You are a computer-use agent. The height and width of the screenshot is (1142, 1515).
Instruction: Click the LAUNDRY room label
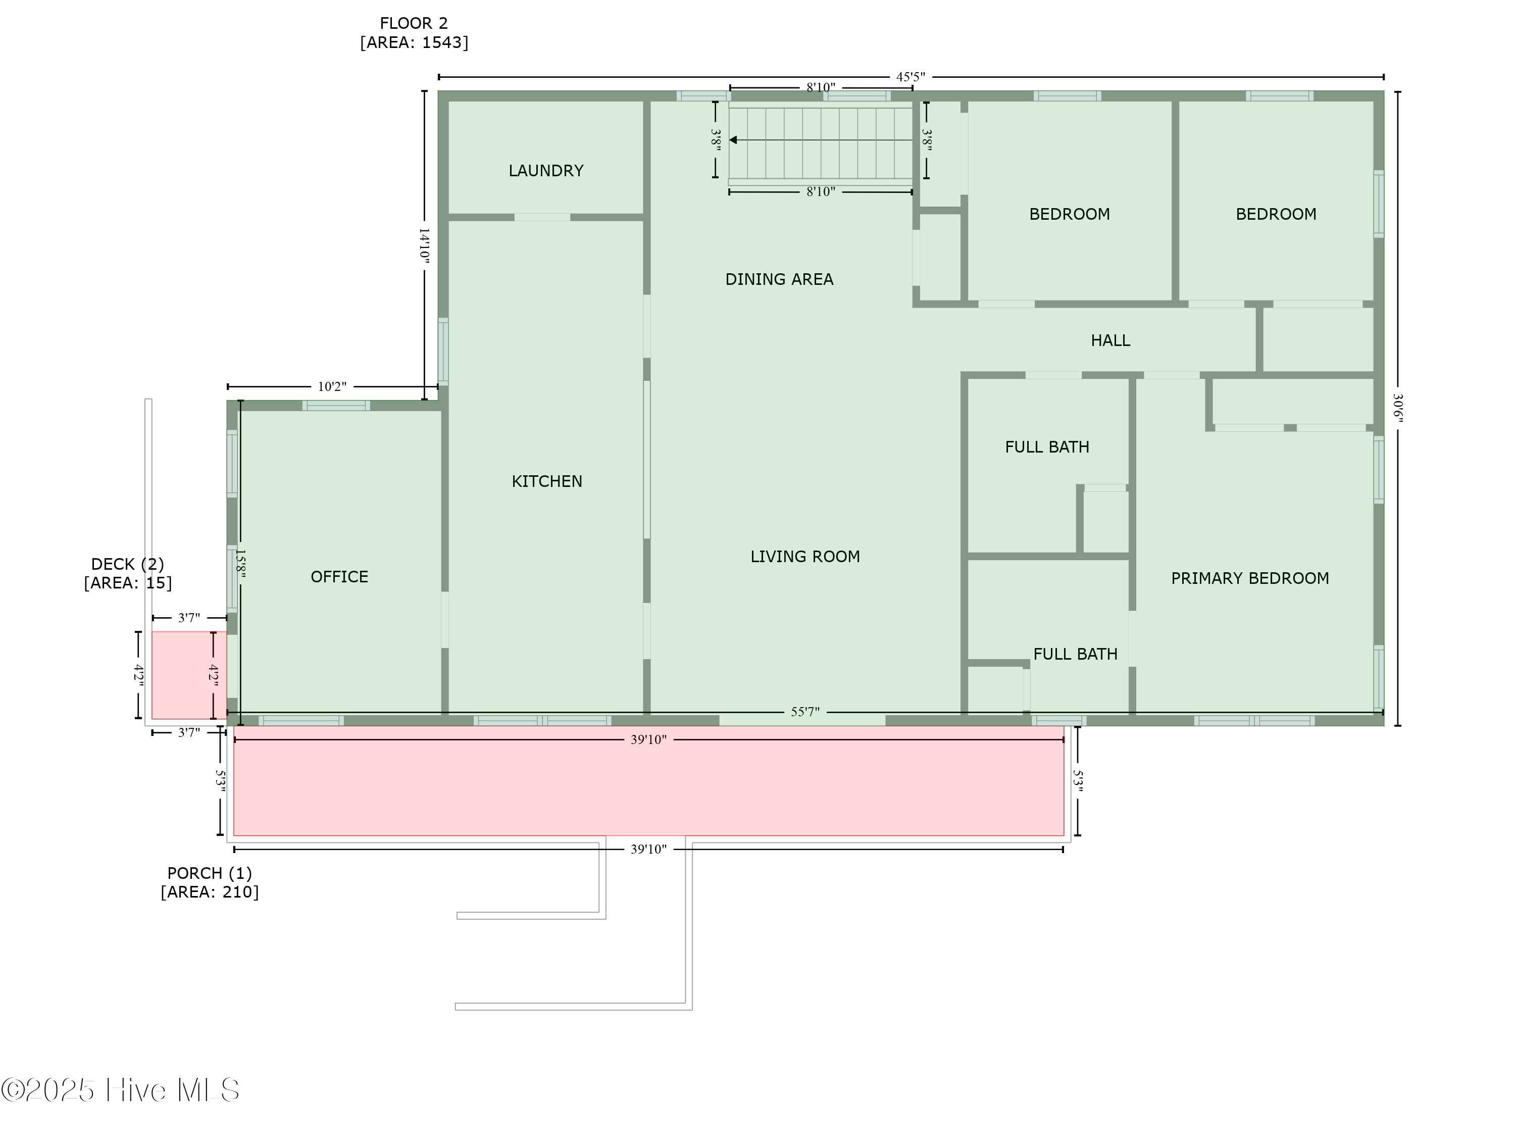coord(546,171)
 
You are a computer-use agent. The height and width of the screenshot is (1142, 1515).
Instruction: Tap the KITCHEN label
coord(546,481)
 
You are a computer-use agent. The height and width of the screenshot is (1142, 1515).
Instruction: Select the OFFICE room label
coord(339,577)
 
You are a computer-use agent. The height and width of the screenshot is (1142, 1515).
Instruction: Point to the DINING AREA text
coord(779,279)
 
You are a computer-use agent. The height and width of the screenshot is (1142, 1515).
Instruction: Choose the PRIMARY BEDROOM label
coord(1250,578)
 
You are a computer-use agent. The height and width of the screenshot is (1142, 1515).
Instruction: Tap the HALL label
coord(1110,340)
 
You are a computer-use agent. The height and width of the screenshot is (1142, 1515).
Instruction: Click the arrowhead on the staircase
coord(733,140)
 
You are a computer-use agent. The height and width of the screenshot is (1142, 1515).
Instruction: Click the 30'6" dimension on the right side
coord(1397,408)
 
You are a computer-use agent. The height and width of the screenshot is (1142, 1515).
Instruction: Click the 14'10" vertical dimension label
coord(424,244)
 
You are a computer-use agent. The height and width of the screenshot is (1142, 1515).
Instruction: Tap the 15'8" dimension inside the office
coord(240,565)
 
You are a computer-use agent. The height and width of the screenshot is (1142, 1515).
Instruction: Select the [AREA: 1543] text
coord(415,42)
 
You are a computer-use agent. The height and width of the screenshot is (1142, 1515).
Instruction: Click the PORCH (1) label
coord(210,873)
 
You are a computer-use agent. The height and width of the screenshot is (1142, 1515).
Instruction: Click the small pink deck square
coord(189,675)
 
